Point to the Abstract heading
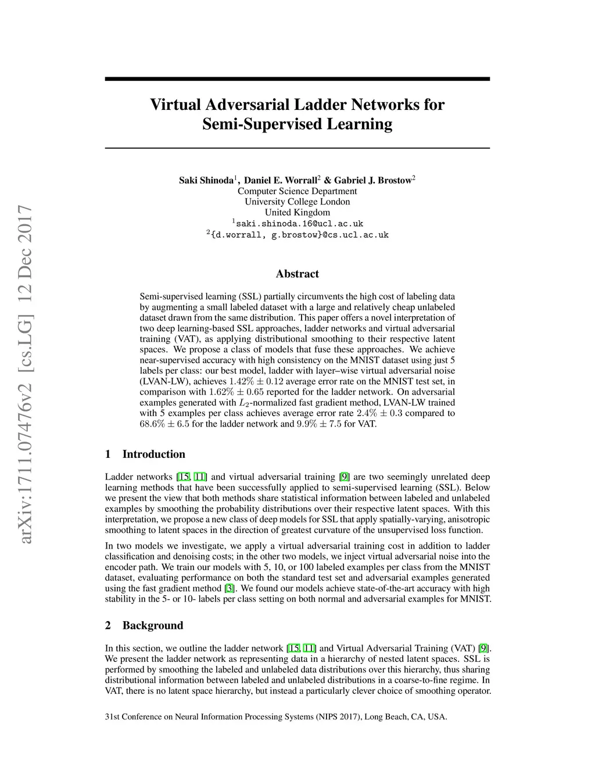pyautogui.click(x=297, y=274)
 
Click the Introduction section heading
pyautogui.click(x=153, y=454)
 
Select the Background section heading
pyautogui.click(x=152, y=626)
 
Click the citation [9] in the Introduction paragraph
pyautogui.click(x=345, y=477)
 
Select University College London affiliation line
pyautogui.click(x=297, y=202)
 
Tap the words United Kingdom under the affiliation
pyautogui.click(x=297, y=212)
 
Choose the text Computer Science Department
pyautogui.click(x=297, y=191)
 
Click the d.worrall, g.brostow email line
pyautogui.click(x=298, y=235)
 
